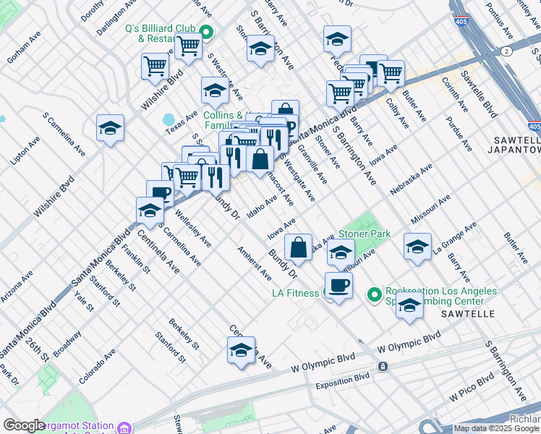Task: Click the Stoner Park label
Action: pos(365,234)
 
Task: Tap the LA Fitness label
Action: pos(295,293)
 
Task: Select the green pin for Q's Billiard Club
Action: pos(205,31)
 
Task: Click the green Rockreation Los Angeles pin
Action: pos(374,294)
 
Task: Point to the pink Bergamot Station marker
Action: pos(124,427)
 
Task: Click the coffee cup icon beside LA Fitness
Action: pos(338,285)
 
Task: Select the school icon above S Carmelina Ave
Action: pos(110,127)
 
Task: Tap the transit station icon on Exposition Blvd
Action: pos(383,367)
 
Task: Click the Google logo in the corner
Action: pos(24,425)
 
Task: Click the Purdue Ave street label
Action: pos(459,132)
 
